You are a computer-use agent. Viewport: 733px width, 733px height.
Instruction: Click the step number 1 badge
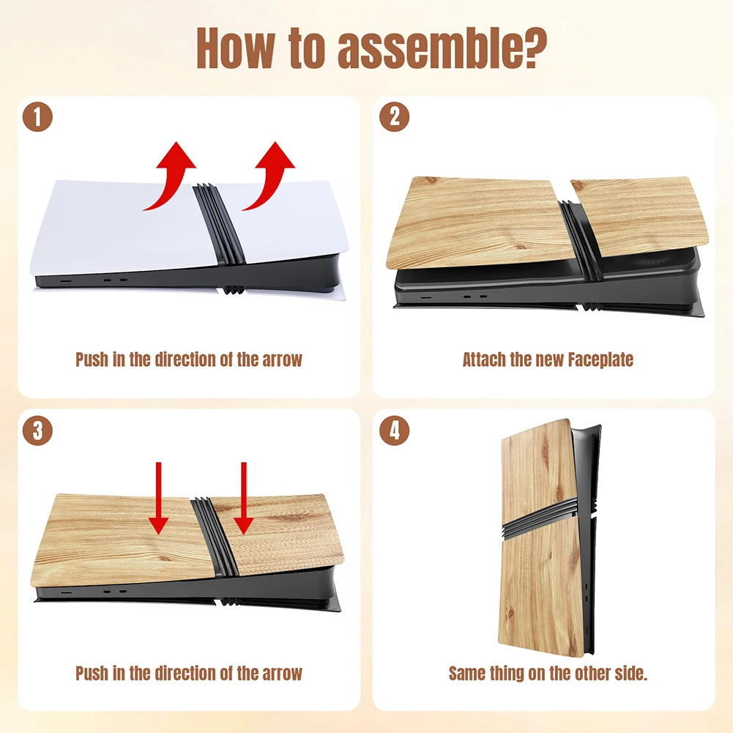37,117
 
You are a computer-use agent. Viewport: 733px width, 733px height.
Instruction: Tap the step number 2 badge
394,117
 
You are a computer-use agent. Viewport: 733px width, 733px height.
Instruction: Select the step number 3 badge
37,431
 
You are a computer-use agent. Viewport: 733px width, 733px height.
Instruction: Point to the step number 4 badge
394,431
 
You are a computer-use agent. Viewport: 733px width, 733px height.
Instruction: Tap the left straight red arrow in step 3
158,499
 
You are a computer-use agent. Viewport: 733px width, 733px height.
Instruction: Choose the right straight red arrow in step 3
244,499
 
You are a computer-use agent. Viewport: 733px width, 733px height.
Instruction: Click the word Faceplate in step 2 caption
600,360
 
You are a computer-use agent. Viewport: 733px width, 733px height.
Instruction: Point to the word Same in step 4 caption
466,673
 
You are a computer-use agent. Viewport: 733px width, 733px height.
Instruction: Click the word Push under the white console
92,360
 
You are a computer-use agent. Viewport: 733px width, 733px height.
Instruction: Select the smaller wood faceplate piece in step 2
639,216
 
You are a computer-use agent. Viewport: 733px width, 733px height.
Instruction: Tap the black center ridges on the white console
219,224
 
